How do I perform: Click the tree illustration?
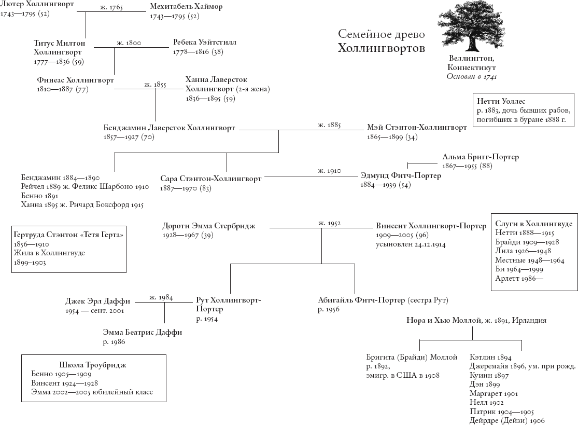pos(471,29)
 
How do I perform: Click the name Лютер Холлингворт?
pos(37,5)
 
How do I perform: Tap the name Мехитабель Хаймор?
pos(186,6)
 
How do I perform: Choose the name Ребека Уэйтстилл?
pos(205,42)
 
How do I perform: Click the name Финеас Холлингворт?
pos(75,80)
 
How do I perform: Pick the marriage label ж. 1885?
pos(329,125)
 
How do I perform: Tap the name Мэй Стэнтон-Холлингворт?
pos(417,127)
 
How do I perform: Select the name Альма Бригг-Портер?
pos(481,157)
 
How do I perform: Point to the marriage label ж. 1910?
pos(329,171)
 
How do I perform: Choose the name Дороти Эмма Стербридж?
pos(209,226)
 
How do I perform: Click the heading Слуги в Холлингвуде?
pos(533,224)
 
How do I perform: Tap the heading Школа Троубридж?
pos(93,364)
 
